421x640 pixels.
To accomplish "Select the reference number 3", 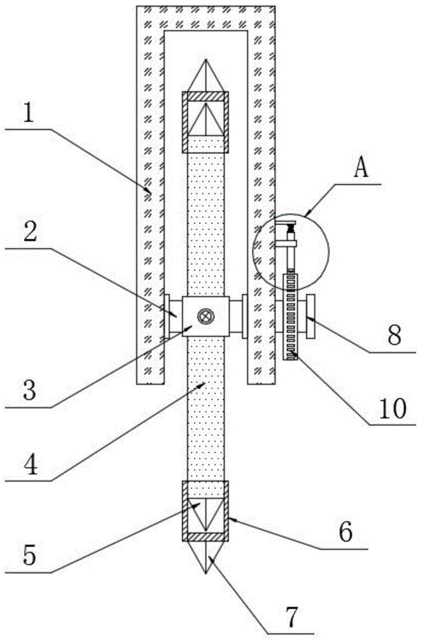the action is (29, 388).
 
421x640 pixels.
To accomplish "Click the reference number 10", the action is (392, 407).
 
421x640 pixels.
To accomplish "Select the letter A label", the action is (361, 167).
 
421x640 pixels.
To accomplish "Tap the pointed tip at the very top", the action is (206, 60).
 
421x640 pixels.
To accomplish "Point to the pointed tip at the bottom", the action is (206, 573).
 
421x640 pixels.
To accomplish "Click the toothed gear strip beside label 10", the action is (290, 317).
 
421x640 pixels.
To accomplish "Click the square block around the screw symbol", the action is (206, 316).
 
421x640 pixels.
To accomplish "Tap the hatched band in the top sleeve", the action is (205, 97).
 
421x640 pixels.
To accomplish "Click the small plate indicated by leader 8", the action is (310, 316).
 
